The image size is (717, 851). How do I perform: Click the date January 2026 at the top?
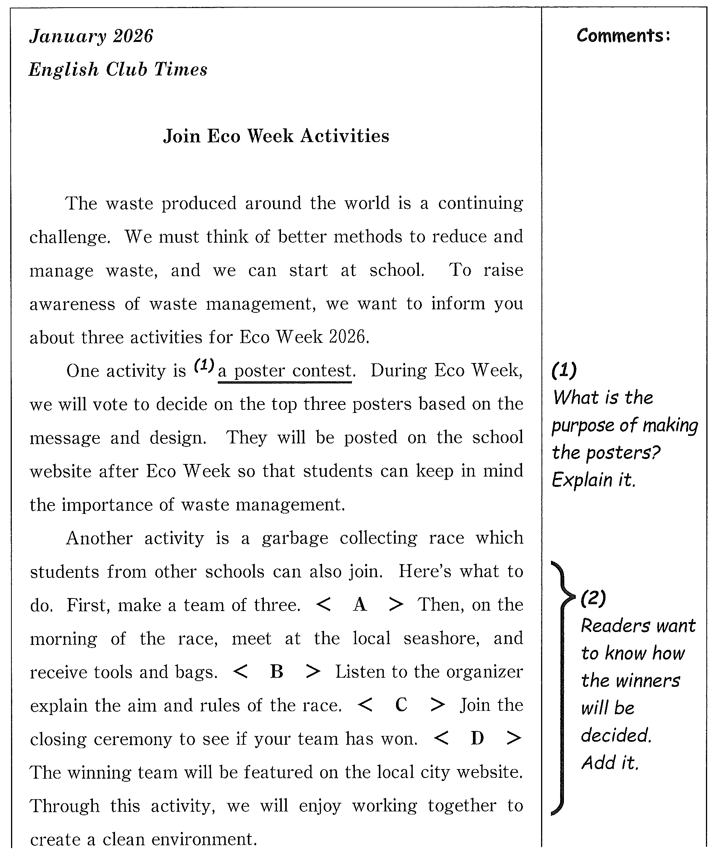pos(91,37)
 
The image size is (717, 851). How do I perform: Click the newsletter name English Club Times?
pos(118,70)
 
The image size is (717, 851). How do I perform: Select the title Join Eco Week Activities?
pos(276,136)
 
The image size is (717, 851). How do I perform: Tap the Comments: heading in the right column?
pos(623,36)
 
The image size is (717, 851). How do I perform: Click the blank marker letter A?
pos(360,605)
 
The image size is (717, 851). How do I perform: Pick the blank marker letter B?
pos(276,672)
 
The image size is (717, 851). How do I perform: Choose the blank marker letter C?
pos(401,705)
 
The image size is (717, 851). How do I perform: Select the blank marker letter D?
pos(477,738)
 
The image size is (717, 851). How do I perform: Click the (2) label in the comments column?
pos(593,598)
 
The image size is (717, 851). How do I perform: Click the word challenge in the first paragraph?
pos(70,237)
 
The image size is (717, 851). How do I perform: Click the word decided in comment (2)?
pos(616,735)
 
